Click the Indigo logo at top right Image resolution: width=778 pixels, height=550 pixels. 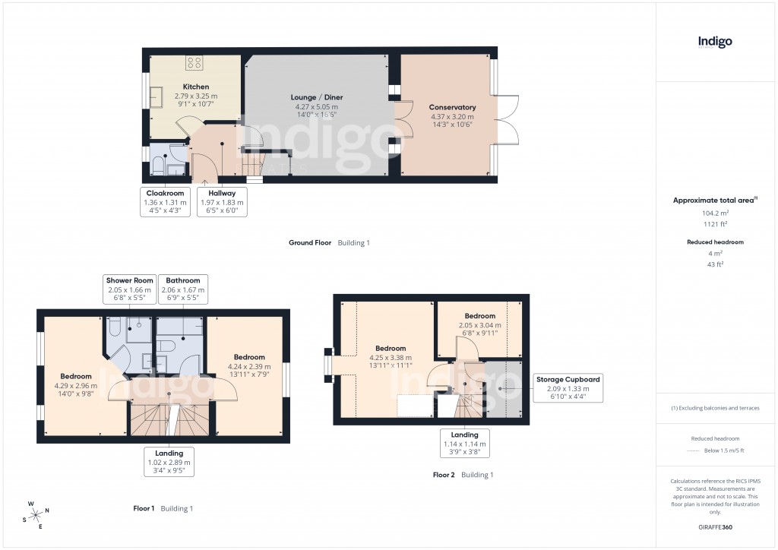point(715,42)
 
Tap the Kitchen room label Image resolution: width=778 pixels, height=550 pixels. point(195,87)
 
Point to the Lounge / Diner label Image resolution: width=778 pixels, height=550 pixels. point(317,97)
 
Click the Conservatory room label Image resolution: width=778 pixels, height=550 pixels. point(452,107)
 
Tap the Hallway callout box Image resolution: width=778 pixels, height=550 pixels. point(222,202)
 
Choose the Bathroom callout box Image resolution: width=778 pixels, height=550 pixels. point(183,289)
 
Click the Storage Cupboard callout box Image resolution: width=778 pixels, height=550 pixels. point(568,388)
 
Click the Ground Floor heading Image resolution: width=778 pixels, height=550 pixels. point(310,243)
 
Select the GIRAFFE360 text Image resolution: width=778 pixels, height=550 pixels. point(715,526)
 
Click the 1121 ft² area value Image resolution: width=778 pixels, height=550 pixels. point(714,225)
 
